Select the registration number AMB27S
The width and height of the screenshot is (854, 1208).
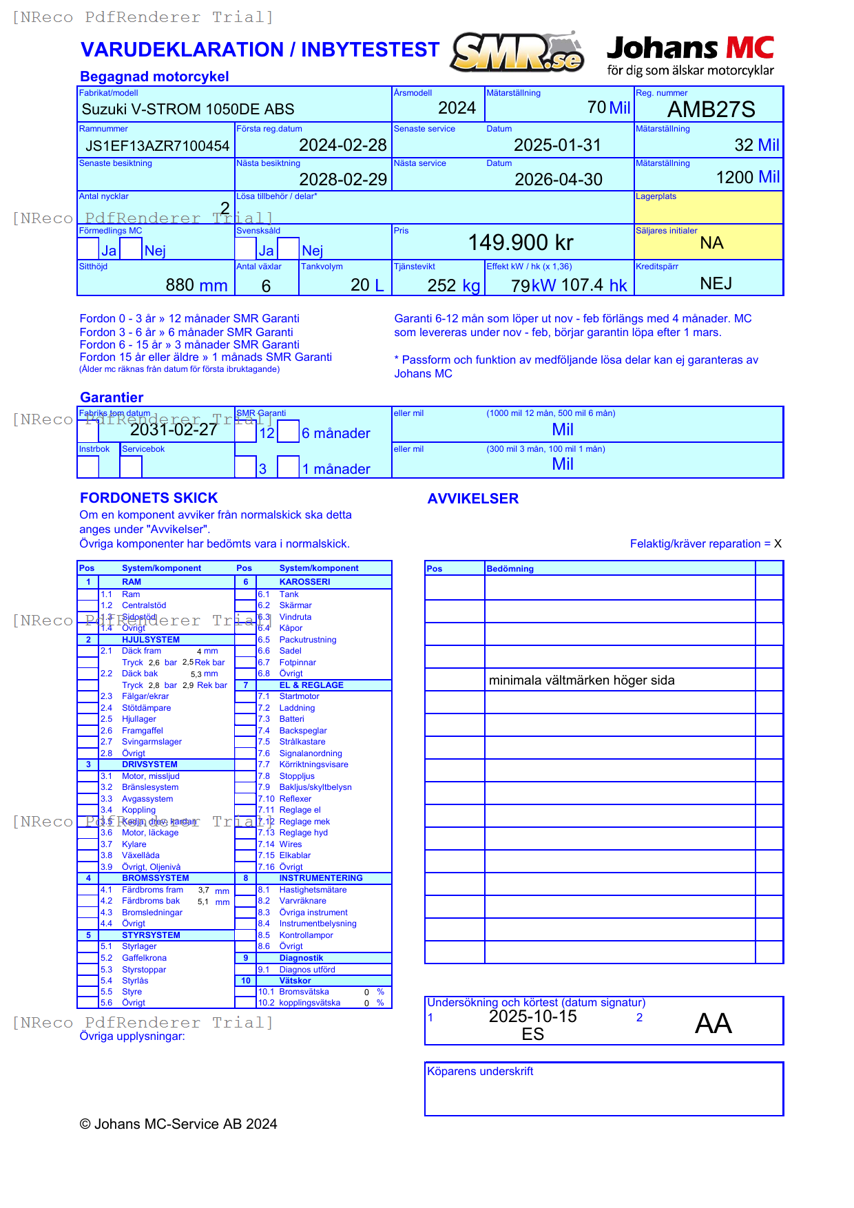coord(711,110)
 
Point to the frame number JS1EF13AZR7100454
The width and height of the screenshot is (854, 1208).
coord(157,146)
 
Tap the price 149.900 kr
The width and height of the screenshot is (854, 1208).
coord(521,242)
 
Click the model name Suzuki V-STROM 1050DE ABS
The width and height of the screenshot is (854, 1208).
coord(188,110)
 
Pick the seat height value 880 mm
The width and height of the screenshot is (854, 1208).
coord(196,285)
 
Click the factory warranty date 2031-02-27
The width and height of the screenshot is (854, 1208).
coord(174,430)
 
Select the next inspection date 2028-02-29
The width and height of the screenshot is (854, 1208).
coord(343,180)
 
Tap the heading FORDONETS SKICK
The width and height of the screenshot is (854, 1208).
coord(149,498)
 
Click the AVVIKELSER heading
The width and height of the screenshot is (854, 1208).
coord(472,499)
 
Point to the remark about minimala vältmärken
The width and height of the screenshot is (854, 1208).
coord(581,680)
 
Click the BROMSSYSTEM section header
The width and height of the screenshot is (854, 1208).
coord(155,878)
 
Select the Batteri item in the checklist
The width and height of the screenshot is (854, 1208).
coord(291,719)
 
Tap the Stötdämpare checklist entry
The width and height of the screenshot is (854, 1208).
coord(146,708)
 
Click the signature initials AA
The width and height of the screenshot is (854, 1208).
coord(713,1023)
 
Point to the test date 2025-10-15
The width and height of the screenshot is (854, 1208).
coord(532,1017)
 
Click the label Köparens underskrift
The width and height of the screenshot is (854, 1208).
coord(480,1072)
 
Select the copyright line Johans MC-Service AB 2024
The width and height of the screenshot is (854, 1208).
coord(178,1124)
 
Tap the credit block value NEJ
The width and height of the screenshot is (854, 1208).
coord(716,284)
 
